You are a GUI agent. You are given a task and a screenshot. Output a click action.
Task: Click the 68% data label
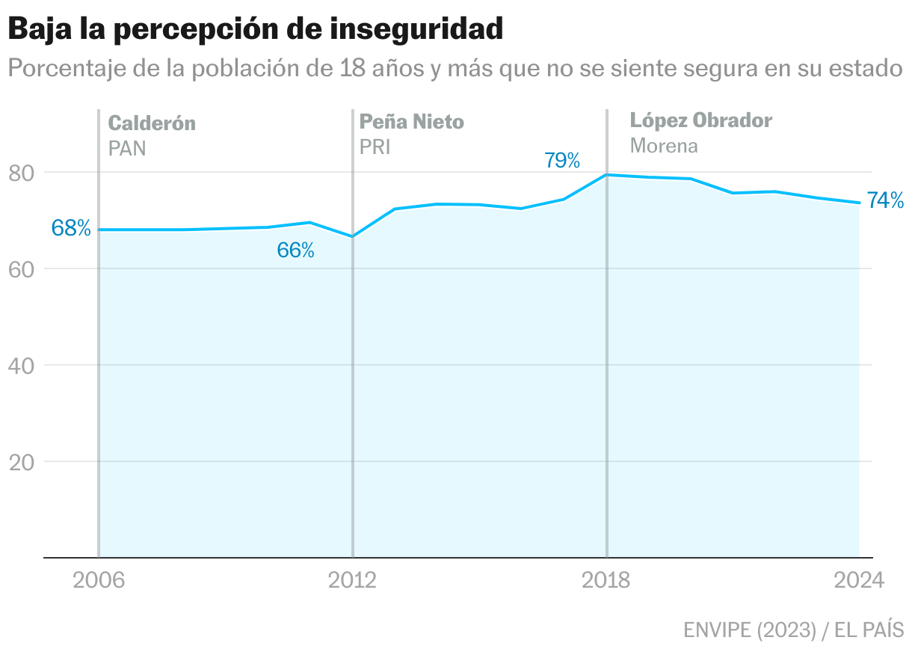click(71, 229)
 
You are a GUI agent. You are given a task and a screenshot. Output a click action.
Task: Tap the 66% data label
click(295, 250)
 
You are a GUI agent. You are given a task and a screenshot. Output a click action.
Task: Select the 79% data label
click(562, 160)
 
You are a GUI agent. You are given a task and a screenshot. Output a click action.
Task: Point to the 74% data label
click(885, 200)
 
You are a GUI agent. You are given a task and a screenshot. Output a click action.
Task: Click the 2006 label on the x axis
click(98, 581)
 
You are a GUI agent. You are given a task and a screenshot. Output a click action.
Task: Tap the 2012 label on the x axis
click(352, 581)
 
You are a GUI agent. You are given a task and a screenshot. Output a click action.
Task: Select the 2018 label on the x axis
click(606, 581)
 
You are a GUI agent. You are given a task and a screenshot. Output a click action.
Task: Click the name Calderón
click(152, 123)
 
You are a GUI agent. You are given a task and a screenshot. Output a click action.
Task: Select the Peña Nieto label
click(412, 121)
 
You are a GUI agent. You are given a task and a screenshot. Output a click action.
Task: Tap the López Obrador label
click(700, 120)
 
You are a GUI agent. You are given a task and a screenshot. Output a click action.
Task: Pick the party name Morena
click(664, 145)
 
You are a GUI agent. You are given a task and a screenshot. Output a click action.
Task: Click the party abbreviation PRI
click(375, 147)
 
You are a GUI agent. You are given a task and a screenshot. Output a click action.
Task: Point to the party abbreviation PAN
click(127, 148)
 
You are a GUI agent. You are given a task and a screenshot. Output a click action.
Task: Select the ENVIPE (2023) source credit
click(749, 630)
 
